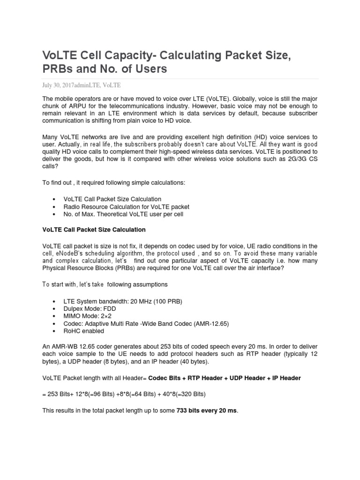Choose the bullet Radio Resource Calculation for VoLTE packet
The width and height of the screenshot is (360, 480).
[126, 207]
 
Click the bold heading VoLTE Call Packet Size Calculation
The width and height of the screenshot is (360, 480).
[94, 230]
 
